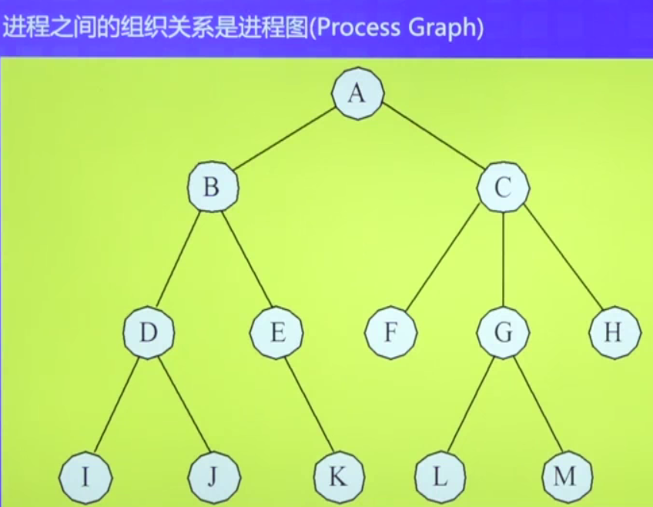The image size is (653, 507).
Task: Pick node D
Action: pyautogui.click(x=149, y=333)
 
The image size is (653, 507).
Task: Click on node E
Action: pyautogui.click(x=277, y=333)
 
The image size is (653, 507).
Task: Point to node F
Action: pyautogui.click(x=391, y=333)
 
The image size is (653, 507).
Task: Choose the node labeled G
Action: pyautogui.click(x=503, y=333)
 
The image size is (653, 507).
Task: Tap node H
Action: pyautogui.click(x=614, y=333)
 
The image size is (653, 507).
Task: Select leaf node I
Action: pyautogui.click(x=85, y=476)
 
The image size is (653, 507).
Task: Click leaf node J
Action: pyautogui.click(x=213, y=476)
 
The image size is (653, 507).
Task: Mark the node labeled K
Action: pyautogui.click(x=338, y=476)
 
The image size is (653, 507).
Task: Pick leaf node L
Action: pyautogui.click(x=439, y=476)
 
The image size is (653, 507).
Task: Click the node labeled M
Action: pyautogui.click(x=565, y=476)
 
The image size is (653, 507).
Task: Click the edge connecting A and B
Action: pyautogui.click(x=285, y=139)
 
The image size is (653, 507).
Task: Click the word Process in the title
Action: pyautogui.click(x=359, y=28)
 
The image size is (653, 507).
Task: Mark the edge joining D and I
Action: pyautogui.click(x=117, y=405)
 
